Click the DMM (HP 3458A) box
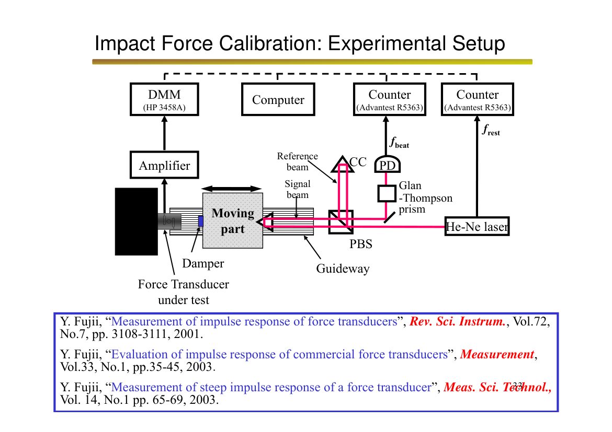(164, 99)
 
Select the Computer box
(278, 99)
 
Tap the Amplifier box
(164, 165)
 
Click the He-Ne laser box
(477, 226)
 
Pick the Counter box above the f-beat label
(390, 99)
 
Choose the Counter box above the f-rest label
(478, 99)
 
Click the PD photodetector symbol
(387, 165)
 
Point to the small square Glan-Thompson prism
(387, 193)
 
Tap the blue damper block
(201, 221)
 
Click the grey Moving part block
(233, 220)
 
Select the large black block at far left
(136, 221)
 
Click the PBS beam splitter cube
(341, 222)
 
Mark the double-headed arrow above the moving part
(231, 189)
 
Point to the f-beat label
(399, 143)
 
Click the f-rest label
(491, 130)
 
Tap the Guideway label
(343, 268)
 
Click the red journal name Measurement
(497, 354)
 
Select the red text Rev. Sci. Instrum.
(458, 321)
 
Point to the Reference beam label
(298, 161)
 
